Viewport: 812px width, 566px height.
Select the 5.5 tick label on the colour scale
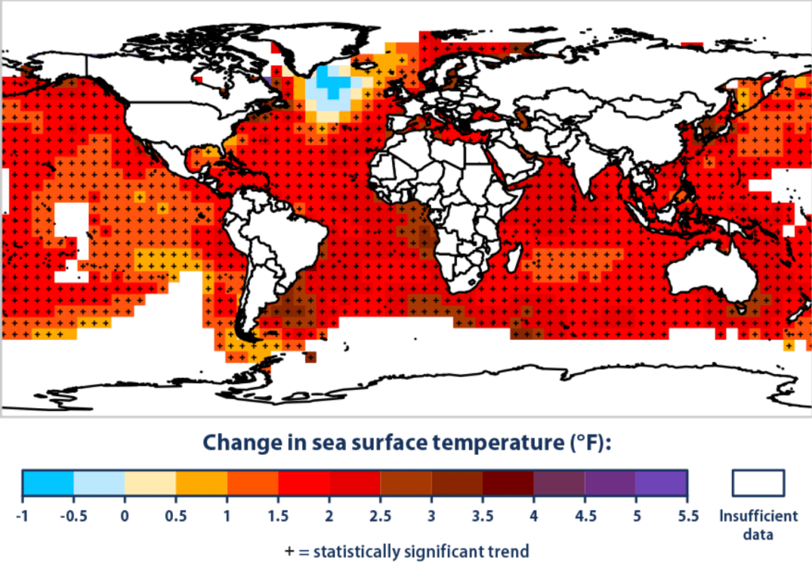(688, 516)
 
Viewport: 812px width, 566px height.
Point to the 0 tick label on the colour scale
(125, 516)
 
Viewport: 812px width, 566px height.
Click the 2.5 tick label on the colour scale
(381, 516)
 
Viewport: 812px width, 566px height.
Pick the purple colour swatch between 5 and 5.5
(662, 483)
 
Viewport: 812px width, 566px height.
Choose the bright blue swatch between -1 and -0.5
(48, 483)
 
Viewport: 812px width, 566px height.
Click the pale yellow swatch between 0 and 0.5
(150, 483)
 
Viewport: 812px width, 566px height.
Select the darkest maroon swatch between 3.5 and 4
(508, 483)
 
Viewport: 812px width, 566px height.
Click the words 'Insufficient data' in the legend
(758, 523)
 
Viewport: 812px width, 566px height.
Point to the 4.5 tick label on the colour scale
(585, 516)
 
